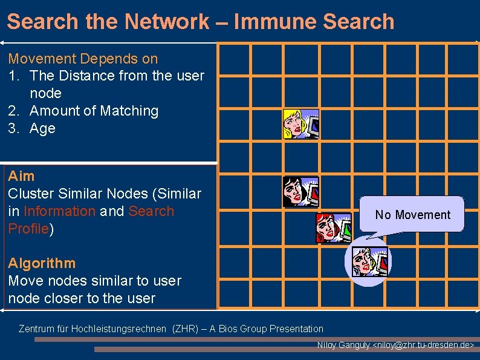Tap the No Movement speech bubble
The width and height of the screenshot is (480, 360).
click(412, 215)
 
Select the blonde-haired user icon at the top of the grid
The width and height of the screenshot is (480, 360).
click(301, 124)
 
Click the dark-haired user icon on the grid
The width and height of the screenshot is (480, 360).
click(301, 192)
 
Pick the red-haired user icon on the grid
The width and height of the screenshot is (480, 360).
click(333, 228)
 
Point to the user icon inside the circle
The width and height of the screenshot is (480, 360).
click(368, 261)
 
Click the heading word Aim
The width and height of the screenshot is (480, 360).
click(21, 176)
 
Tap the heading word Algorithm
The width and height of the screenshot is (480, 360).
click(42, 263)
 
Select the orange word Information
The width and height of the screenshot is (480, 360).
click(59, 211)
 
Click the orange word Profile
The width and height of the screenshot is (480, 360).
click(28, 229)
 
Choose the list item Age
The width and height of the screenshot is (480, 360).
click(42, 128)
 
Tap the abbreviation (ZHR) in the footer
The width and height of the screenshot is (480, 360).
click(184, 329)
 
